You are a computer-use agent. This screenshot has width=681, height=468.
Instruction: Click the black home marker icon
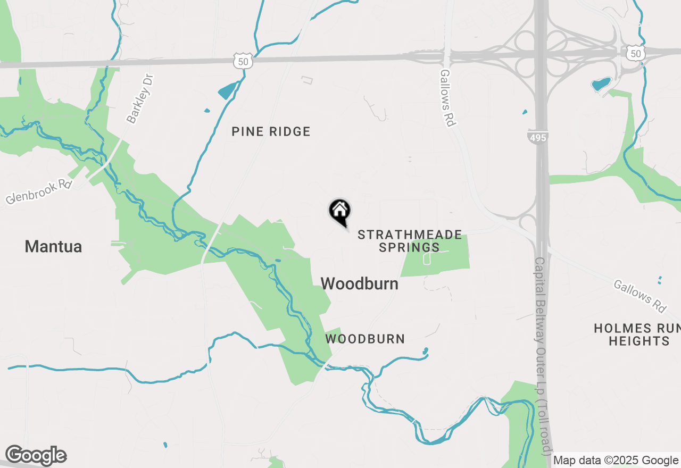click(339, 211)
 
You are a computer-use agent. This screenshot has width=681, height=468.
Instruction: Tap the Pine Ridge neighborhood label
click(271, 131)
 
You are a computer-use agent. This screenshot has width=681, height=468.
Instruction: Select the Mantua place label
click(53, 246)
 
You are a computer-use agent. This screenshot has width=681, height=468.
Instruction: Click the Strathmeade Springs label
click(409, 241)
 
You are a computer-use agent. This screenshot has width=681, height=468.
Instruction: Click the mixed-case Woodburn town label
click(360, 283)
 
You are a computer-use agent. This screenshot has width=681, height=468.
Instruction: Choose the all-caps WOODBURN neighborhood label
click(365, 339)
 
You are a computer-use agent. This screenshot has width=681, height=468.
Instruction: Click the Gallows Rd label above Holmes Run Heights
click(640, 296)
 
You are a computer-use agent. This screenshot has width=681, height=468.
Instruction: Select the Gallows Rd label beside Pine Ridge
click(448, 98)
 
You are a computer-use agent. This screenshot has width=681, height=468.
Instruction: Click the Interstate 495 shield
click(538, 137)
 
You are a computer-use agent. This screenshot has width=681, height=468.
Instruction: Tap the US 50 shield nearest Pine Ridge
click(242, 61)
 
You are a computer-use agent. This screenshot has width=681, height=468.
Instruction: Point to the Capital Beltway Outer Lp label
click(543, 356)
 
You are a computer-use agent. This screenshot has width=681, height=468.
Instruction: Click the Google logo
click(36, 455)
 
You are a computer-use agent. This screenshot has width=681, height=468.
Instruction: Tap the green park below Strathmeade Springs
click(435, 256)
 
